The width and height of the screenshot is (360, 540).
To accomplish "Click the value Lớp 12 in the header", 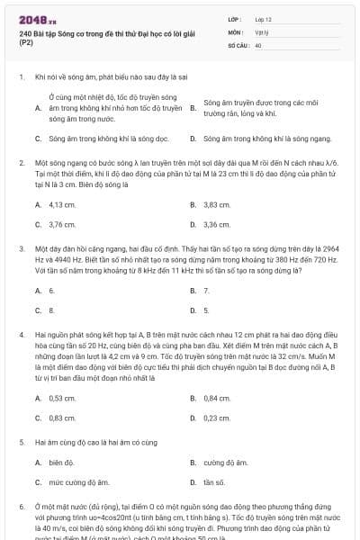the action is (263, 18).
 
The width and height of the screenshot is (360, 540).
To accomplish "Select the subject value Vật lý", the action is (261, 31).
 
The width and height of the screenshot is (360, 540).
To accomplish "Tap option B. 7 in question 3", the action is (207, 291).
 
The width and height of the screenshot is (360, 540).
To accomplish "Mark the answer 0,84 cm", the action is (217, 397).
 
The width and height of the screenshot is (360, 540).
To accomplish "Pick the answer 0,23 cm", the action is (217, 417).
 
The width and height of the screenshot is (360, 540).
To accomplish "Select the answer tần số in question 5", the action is (214, 482).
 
